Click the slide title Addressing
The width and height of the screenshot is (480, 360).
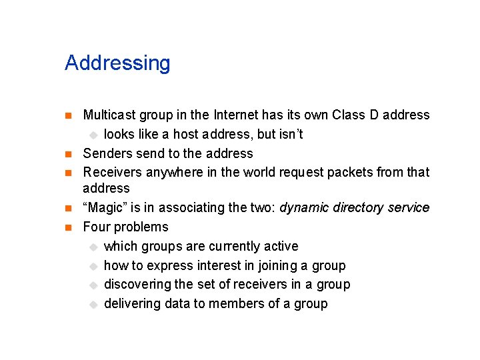pos(117,63)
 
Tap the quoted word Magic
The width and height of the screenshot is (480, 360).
pos(106,208)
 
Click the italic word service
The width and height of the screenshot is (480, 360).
pos(410,208)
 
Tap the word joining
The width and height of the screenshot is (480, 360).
pos(278,265)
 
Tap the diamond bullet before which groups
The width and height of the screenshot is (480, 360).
pos(94,247)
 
